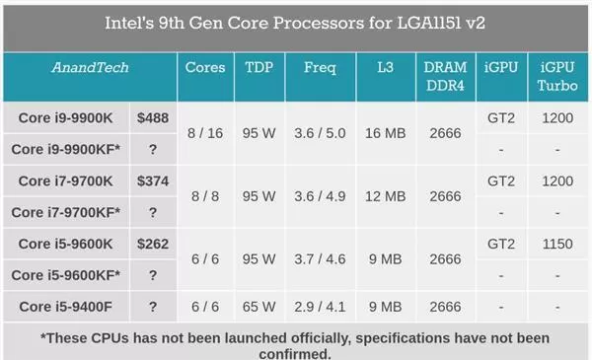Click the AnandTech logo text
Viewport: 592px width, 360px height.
90,67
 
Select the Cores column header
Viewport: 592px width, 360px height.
205,67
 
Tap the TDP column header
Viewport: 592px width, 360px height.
259,67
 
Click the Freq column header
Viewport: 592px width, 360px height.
320,68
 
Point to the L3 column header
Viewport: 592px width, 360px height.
385,67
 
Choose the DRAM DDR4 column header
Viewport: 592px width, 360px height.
445,77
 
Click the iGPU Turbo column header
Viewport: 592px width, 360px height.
557,77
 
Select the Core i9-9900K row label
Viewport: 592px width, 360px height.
65,118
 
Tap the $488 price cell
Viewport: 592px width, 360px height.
153,118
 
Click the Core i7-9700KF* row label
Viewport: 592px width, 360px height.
66,212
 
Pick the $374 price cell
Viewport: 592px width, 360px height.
153,181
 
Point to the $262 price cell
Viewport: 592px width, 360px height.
153,244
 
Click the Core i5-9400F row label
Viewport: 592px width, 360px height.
66,307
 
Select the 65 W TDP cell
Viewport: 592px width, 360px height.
259,307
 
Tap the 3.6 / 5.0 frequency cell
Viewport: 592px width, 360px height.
320,133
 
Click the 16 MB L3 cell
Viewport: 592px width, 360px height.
385,133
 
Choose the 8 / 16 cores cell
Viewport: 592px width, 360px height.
205,133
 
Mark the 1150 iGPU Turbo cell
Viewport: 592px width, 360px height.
557,244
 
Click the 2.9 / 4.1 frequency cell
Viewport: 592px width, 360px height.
320,307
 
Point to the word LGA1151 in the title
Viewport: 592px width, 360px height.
429,23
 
